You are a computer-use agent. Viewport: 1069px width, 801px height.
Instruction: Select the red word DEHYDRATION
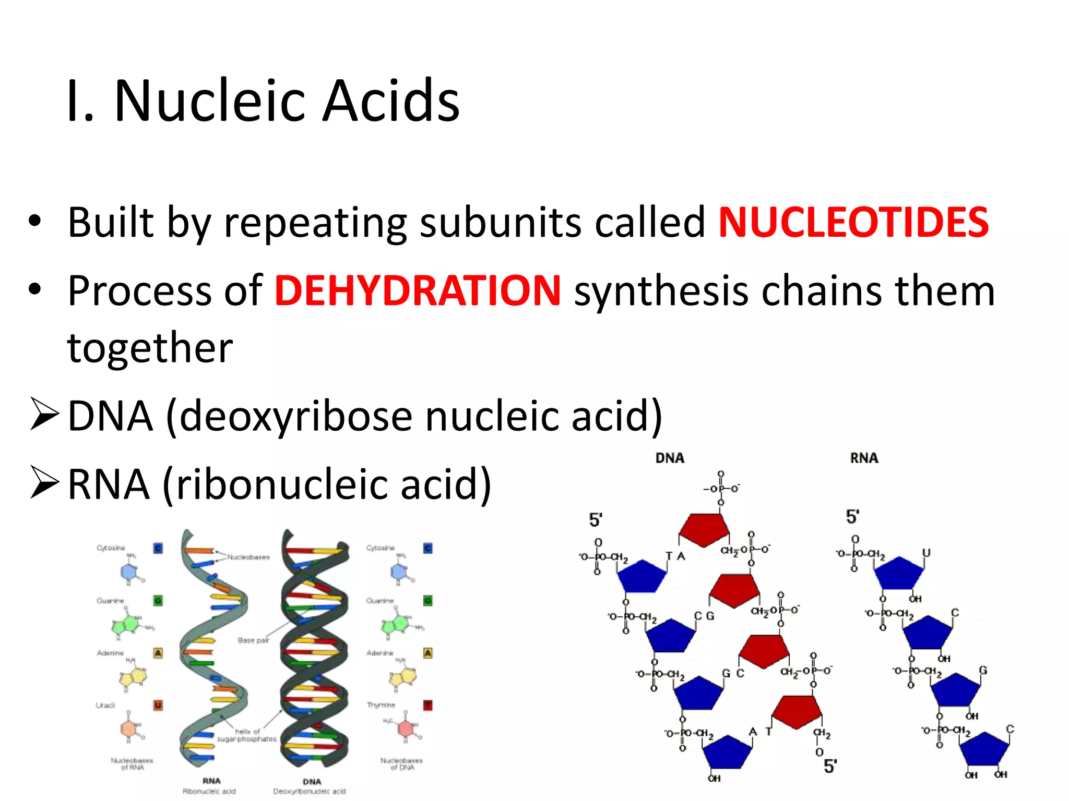point(418,291)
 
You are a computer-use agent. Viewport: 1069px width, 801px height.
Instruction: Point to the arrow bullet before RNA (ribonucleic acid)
point(44,483)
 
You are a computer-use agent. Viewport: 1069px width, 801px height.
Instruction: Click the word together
point(150,348)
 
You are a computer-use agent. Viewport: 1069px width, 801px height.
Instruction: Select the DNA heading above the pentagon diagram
point(670,458)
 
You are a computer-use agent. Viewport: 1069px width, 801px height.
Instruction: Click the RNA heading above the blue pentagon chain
point(864,458)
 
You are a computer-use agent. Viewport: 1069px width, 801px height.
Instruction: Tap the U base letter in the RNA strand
point(926,553)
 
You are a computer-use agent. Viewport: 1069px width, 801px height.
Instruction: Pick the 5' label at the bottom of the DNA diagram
point(830,766)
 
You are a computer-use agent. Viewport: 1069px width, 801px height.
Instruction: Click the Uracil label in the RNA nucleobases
point(105,705)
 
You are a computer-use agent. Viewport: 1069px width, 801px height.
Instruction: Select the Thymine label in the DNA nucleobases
point(381,705)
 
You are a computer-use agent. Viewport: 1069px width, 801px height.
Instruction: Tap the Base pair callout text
point(253,640)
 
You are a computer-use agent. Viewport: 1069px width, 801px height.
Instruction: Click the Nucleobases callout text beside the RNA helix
point(248,557)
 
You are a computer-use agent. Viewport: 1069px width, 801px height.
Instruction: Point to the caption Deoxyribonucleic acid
point(310,791)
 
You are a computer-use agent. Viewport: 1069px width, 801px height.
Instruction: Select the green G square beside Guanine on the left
point(158,601)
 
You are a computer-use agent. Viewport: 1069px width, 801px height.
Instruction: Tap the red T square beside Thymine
point(427,706)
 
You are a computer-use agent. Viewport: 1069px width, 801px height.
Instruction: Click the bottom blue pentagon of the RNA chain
point(984,749)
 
